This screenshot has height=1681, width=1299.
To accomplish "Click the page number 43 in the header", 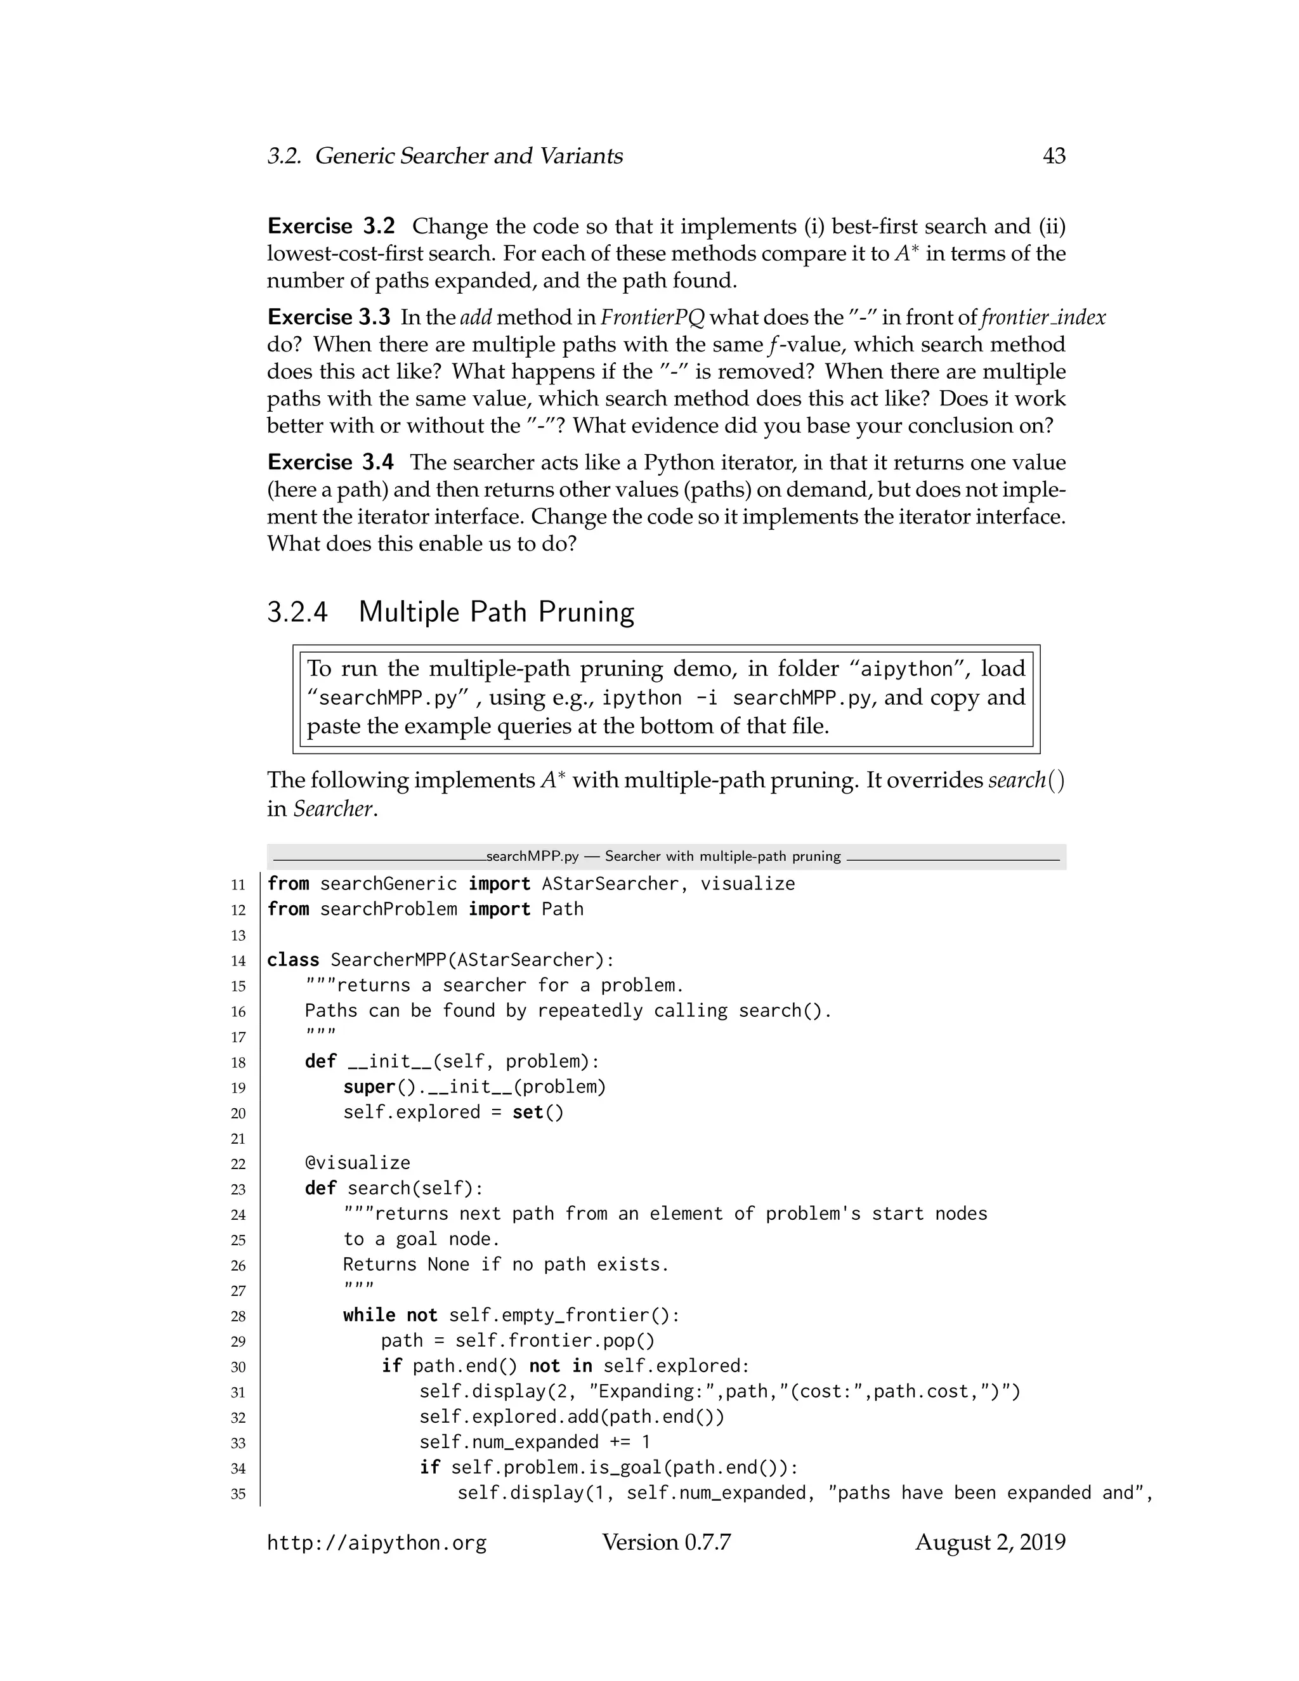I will click(x=1054, y=156).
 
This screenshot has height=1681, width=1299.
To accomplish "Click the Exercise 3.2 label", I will click(x=331, y=226).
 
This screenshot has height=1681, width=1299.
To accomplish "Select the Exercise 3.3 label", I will click(x=329, y=317).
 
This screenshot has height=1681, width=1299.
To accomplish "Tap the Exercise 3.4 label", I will click(x=330, y=462).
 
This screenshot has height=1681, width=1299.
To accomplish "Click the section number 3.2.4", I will click(x=297, y=612).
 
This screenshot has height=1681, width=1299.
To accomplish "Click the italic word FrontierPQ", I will click(x=653, y=317).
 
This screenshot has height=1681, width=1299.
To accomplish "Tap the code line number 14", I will click(x=238, y=960).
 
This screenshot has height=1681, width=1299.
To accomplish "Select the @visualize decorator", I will click(x=357, y=1163).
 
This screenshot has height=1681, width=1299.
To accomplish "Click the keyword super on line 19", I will click(x=369, y=1087).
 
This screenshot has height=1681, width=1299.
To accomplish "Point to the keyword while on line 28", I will click(x=369, y=1316).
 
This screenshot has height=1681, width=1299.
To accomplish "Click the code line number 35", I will click(x=238, y=1494).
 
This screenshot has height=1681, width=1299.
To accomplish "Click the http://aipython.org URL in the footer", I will click(x=376, y=1543).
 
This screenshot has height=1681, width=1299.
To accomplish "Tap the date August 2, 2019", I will click(x=989, y=1543).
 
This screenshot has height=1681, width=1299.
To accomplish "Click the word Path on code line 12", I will click(x=562, y=909).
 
